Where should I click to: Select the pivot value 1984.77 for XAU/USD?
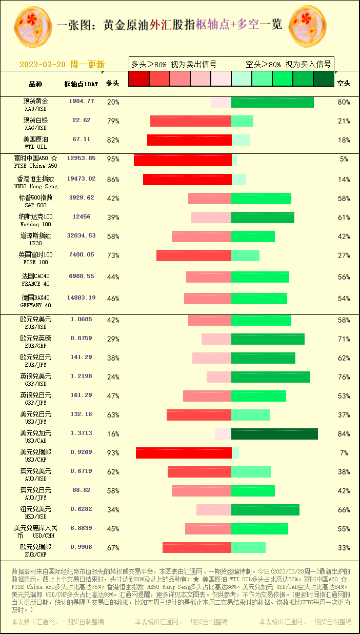(x=82, y=101)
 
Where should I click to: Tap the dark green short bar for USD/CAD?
(x=274, y=434)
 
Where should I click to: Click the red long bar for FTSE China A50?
(x=183, y=160)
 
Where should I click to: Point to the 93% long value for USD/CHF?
(x=113, y=453)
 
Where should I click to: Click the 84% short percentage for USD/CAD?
(x=344, y=434)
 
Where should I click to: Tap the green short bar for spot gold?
(x=272, y=102)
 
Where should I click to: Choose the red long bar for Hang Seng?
(x=187, y=180)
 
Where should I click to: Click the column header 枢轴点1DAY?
(x=81, y=84)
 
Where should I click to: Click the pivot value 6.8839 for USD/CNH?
(x=82, y=527)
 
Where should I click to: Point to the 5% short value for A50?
(x=344, y=159)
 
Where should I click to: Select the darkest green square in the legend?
(x=323, y=78)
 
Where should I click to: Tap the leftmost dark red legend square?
(x=138, y=78)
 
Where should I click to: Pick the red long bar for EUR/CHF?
(x=197, y=548)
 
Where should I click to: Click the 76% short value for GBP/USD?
(x=344, y=378)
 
